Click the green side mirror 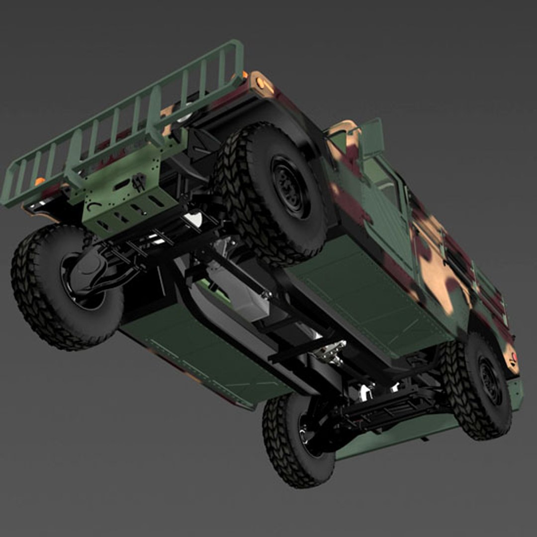coord(372,136)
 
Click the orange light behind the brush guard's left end coord(39,181)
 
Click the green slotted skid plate coord(124,199)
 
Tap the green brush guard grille coord(124,124)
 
